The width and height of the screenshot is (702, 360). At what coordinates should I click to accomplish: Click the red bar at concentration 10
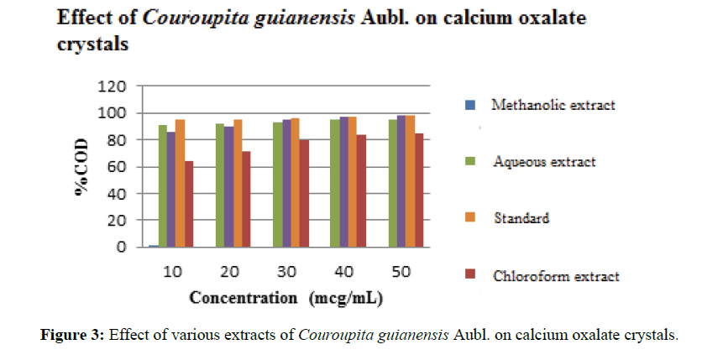coord(189,204)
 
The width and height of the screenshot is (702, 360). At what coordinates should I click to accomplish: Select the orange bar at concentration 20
coord(238,184)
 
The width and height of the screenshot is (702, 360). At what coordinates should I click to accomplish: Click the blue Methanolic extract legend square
coord(469,106)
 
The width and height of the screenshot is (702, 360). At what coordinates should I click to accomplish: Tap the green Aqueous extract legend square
coord(469,162)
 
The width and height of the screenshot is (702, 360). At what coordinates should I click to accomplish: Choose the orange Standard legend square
coord(469,218)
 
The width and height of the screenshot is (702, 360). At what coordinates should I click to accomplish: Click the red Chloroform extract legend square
coord(469,274)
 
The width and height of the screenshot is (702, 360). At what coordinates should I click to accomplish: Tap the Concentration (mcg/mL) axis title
coord(287,298)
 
